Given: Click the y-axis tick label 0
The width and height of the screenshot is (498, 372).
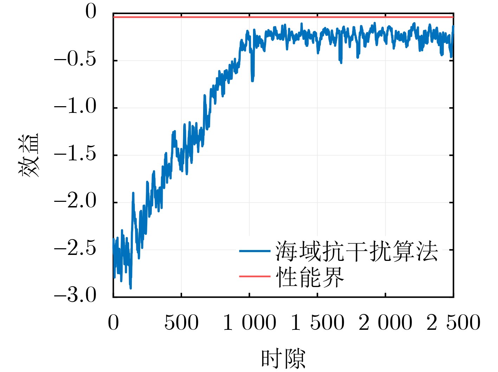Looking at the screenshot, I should (91, 12).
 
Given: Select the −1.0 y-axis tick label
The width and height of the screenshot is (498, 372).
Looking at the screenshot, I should (75, 107).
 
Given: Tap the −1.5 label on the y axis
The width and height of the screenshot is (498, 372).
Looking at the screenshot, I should (75, 154).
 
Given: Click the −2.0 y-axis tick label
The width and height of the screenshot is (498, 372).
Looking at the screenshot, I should (75, 201).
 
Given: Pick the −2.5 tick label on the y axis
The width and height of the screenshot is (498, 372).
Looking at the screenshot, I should (75, 249).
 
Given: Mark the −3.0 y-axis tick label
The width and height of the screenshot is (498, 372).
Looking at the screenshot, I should (75, 295).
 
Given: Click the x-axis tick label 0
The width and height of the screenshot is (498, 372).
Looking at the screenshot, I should (113, 322).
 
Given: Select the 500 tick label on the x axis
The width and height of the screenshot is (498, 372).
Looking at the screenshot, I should (181, 322).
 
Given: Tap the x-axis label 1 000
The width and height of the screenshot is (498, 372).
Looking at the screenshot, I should (250, 322).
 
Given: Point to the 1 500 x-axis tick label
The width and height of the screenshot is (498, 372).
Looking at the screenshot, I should (318, 322).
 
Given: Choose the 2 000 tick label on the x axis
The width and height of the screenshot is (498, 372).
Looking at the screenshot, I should (386, 322).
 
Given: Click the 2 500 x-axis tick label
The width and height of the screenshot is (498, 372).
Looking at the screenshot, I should (453, 322).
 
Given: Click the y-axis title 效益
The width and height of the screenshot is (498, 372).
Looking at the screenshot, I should (29, 155).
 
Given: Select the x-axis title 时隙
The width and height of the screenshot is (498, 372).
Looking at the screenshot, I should (283, 359).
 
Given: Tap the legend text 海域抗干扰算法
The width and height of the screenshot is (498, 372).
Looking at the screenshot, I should (356, 251).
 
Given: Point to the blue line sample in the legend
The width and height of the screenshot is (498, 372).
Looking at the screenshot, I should (254, 251).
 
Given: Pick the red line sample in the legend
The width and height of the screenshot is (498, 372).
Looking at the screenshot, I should (254, 276).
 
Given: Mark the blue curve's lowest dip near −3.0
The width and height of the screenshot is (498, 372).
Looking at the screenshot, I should (131, 288).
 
